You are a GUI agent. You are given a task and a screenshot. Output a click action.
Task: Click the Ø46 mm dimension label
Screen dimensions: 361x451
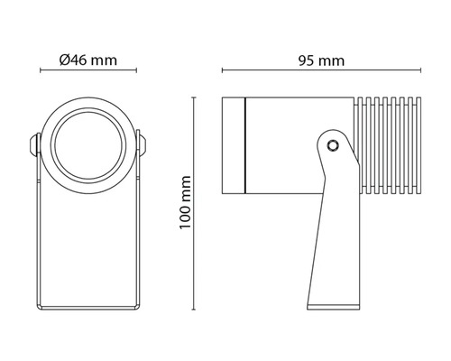coord(87,60)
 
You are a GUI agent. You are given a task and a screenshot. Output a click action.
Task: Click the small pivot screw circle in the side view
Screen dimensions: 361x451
coord(333,144)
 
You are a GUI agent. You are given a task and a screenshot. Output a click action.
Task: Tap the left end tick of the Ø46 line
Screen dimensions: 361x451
coord(41,72)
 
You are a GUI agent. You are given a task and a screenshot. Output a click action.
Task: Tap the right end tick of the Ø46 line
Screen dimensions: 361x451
coord(135,72)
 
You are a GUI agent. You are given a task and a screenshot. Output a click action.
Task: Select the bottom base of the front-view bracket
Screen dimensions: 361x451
coord(87,306)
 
